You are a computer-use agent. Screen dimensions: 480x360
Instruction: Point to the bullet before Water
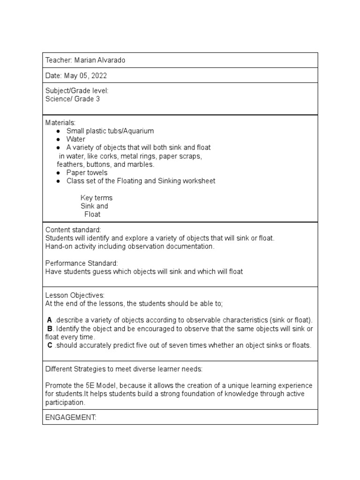58,139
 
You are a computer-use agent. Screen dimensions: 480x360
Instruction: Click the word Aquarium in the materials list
138,131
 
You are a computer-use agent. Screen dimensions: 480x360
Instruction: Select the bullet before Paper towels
58,172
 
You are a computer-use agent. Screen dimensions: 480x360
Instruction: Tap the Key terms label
96,198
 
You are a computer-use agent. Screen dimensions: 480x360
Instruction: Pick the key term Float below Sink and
92,215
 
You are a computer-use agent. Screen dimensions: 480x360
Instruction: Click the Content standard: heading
73,230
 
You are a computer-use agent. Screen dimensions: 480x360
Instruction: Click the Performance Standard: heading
82,263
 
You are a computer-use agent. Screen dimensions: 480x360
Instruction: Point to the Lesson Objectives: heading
75,295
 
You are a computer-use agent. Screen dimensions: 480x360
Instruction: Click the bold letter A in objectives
49,320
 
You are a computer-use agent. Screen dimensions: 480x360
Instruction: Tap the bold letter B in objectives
50,328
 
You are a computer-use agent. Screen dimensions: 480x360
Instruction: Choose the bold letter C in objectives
50,345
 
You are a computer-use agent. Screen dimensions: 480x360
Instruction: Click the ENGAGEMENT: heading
71,417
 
